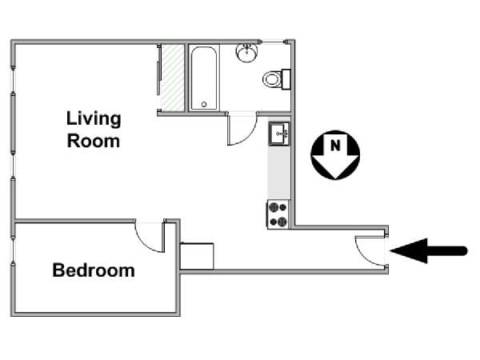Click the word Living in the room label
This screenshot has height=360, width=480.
pyautogui.click(x=94, y=119)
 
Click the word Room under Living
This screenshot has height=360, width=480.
pyautogui.click(x=94, y=141)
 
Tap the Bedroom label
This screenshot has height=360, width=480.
pyautogui.click(x=94, y=270)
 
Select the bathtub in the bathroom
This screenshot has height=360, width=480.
pyautogui.click(x=204, y=78)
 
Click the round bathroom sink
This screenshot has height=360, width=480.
pyautogui.click(x=247, y=53)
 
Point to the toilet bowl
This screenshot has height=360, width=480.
pyautogui.click(x=272, y=79)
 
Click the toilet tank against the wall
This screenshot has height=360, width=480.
pyautogui.click(x=286, y=79)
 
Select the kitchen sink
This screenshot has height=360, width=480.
pyautogui.click(x=279, y=134)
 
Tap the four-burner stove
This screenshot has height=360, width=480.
pyautogui.click(x=278, y=214)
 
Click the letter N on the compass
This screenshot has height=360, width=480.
pyautogui.click(x=335, y=146)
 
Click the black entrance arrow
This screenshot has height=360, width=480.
pyautogui.click(x=429, y=250)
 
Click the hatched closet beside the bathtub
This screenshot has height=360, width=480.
pyautogui.click(x=173, y=77)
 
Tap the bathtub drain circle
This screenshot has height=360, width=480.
pyautogui.click(x=204, y=104)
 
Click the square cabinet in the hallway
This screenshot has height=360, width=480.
pyautogui.click(x=197, y=256)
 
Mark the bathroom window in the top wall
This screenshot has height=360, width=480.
pyautogui.click(x=273, y=42)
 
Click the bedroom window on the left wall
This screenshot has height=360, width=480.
pyautogui.click(x=13, y=250)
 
